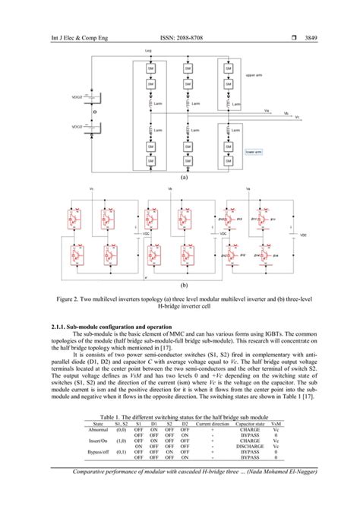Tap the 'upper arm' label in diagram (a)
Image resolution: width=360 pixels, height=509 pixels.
[254, 75]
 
